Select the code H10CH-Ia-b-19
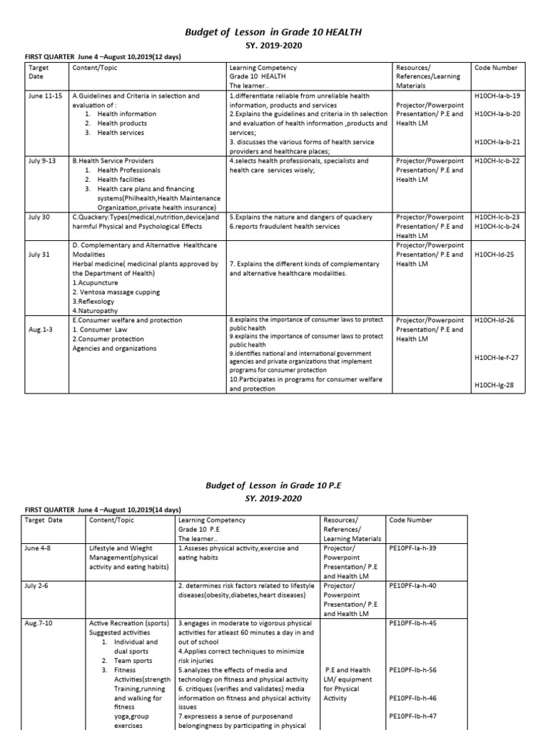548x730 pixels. (x=497, y=96)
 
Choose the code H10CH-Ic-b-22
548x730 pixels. (x=497, y=161)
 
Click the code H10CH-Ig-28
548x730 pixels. (x=494, y=386)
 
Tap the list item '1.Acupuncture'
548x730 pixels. (x=96, y=282)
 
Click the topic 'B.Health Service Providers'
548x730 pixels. (x=112, y=161)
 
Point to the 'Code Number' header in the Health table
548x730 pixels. (x=496, y=68)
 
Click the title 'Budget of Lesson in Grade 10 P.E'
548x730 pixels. (x=274, y=485)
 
